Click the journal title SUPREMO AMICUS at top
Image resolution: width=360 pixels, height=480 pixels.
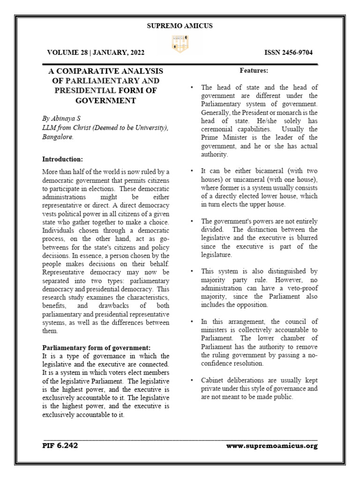180,26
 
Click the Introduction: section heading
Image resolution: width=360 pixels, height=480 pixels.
62,159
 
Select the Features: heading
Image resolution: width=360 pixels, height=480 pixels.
254,71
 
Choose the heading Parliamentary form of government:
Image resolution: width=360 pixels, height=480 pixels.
97,347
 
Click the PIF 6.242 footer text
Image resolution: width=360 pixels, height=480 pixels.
60,446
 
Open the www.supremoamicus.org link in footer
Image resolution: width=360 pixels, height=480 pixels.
271,446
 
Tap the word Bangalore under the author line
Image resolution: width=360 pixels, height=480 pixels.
58,138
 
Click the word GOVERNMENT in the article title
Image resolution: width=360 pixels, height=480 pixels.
105,100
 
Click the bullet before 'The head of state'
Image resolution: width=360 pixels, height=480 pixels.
192,88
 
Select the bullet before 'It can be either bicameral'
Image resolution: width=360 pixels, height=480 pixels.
192,171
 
